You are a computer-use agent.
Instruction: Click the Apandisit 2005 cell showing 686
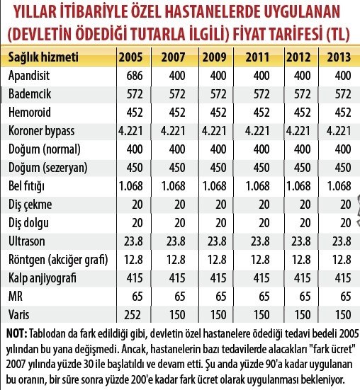[x=132, y=75]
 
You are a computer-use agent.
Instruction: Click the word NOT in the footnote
[x=16, y=332]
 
